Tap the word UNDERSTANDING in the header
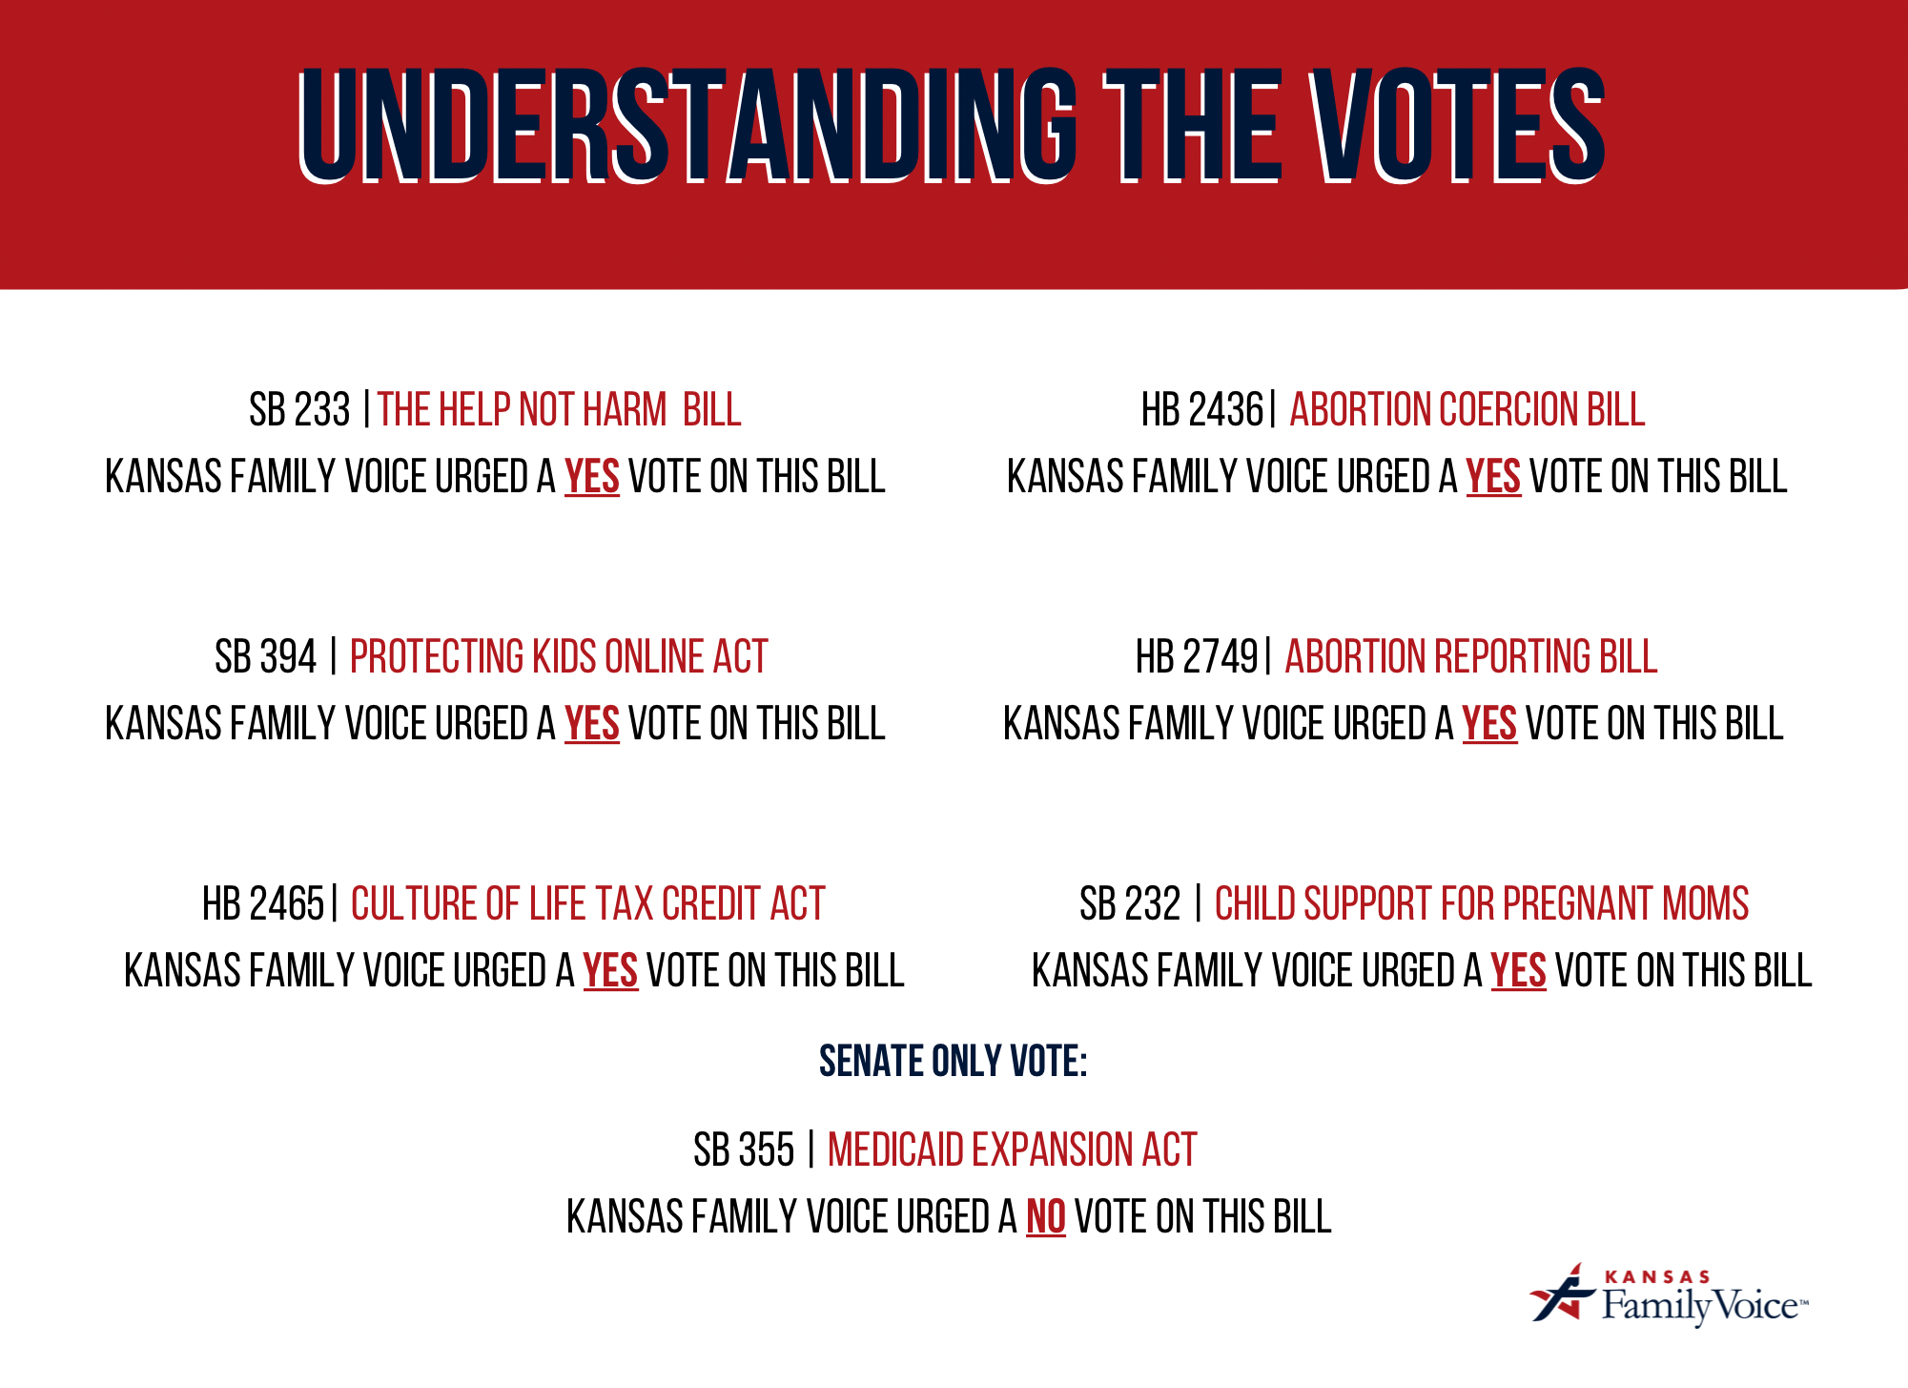[x=687, y=126]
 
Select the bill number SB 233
[x=299, y=410]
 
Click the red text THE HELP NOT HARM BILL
[x=559, y=410]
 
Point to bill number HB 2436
[x=1201, y=410]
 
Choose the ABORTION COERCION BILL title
[x=1467, y=410]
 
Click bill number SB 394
[x=265, y=657]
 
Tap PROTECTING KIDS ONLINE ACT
[x=559, y=657]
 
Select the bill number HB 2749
[x=1196, y=657]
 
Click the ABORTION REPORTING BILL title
[x=1470, y=657]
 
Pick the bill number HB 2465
[x=262, y=904]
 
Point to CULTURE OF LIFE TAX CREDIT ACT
[x=587, y=904]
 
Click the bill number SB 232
[x=1129, y=904]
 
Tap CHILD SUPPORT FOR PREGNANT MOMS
[x=1481, y=904]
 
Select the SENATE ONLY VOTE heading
[x=953, y=1062]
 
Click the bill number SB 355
[x=743, y=1150]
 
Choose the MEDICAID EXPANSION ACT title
[x=1012, y=1150]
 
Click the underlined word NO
[x=1045, y=1217]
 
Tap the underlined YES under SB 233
[x=591, y=477]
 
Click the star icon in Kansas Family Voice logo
[x=1561, y=1295]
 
